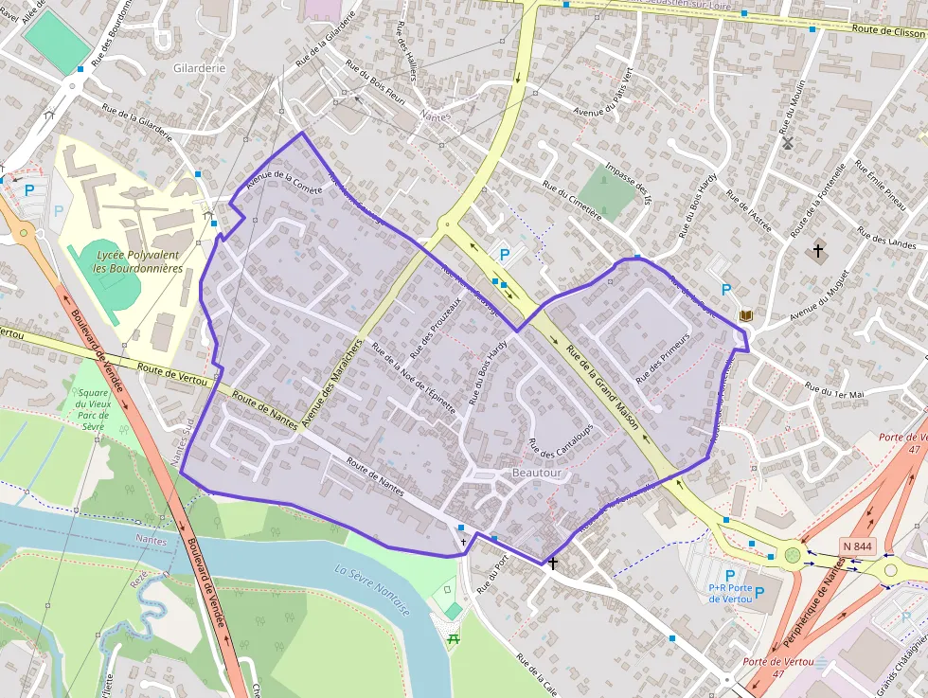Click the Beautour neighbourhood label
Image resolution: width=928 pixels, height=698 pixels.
[x=537, y=473]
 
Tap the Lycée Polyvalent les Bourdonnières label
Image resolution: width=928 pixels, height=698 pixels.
[x=138, y=261]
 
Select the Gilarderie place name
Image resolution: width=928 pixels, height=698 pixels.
[x=200, y=68]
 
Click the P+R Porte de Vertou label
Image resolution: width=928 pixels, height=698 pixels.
[x=730, y=593]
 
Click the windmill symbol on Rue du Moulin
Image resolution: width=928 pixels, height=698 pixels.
[x=787, y=143]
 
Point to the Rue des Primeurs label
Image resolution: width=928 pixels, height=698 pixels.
[x=662, y=359]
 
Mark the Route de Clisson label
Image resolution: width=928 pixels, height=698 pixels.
[x=887, y=30]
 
